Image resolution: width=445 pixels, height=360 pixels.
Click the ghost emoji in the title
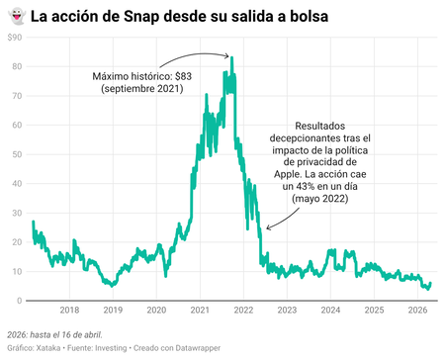(15, 17)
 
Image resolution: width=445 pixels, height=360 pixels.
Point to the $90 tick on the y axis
(14, 37)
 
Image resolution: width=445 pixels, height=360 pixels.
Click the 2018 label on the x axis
(70, 311)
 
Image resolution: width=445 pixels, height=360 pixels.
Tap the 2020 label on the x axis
(157, 311)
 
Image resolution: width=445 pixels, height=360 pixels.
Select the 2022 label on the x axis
(244, 311)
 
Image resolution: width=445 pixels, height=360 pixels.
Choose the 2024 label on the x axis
(330, 311)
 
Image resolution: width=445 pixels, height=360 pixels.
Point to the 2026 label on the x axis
(417, 311)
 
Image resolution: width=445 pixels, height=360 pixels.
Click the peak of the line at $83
(231, 57)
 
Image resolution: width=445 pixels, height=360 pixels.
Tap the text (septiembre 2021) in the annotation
(142, 89)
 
